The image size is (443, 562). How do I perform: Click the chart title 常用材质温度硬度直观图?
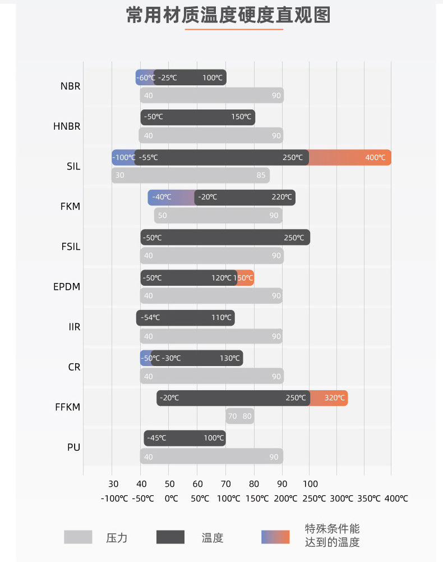point(228,16)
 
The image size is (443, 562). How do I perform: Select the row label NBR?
point(70,86)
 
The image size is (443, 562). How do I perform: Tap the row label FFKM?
point(67,406)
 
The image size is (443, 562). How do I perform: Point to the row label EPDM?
point(67,286)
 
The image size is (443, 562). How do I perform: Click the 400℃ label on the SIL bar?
point(375,158)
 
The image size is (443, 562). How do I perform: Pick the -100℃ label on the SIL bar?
point(124,158)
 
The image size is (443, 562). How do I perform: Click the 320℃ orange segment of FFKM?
point(334,398)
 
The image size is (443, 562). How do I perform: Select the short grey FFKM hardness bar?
point(239,416)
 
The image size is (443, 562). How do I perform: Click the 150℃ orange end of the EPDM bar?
point(244,278)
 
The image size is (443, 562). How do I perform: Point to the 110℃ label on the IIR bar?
point(221,318)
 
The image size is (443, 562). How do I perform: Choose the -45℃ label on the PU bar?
point(156,438)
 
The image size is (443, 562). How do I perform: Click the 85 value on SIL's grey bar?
point(261,175)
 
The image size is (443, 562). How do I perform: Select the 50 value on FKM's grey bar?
point(162,216)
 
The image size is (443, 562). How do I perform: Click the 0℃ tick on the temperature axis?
point(171,499)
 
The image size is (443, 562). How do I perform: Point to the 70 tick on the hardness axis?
point(226,484)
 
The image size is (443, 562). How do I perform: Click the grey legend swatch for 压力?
point(78,537)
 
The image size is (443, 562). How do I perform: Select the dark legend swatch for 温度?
point(170,537)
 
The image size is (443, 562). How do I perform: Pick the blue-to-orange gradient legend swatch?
point(275,537)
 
